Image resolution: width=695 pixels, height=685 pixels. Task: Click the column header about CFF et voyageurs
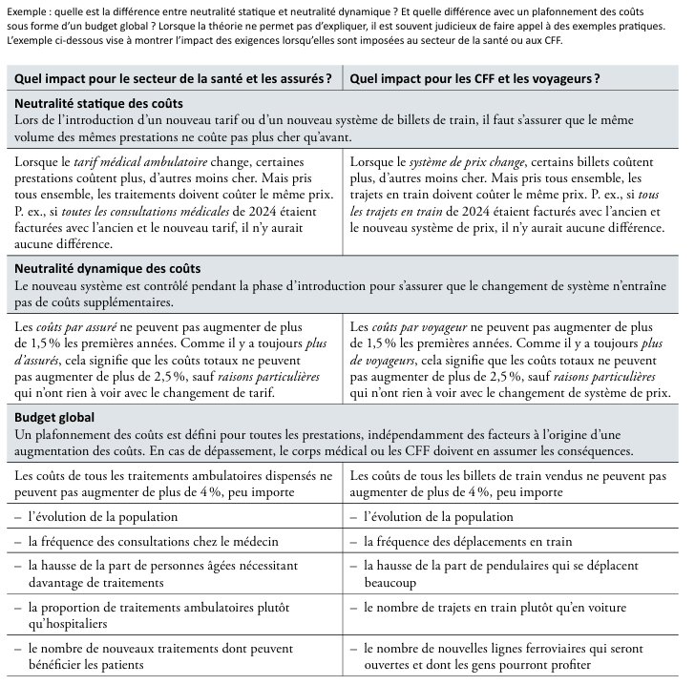[474, 77]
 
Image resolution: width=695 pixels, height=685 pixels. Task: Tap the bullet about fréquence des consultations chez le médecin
[142, 541]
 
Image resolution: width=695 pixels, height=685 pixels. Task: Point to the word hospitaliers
[78, 623]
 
